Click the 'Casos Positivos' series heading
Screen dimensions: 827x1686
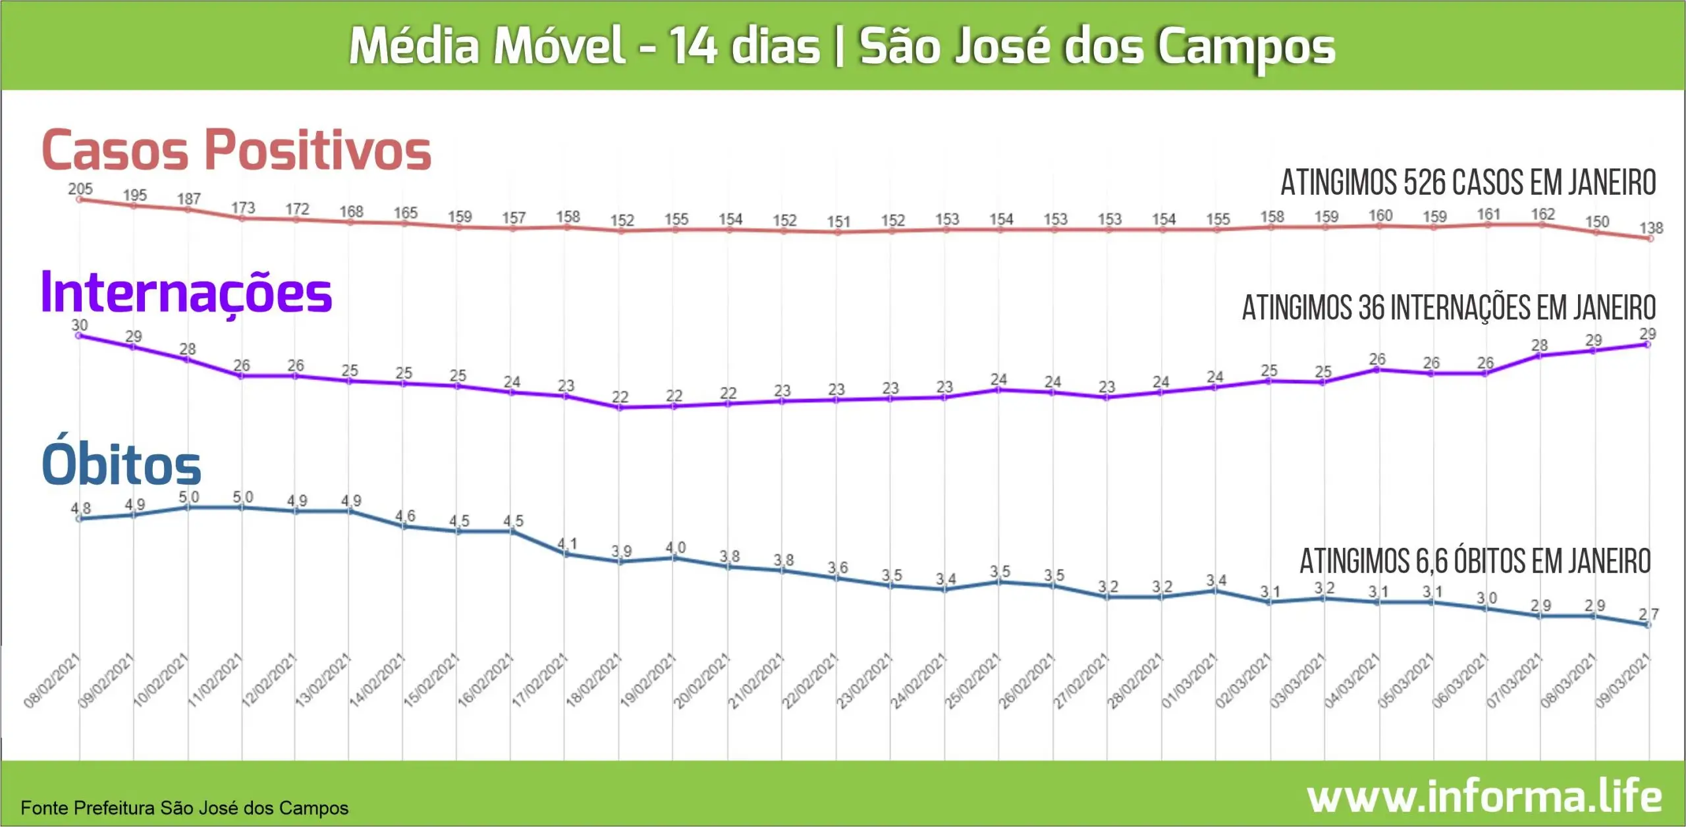click(x=236, y=150)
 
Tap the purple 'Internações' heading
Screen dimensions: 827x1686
click(x=186, y=293)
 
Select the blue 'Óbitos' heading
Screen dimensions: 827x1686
click(x=121, y=464)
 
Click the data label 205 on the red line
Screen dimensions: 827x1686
click(x=80, y=189)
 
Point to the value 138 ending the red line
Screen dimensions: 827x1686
click(x=1651, y=228)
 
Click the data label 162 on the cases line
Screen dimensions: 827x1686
click(x=1542, y=214)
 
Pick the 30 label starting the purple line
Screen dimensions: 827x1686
click(x=80, y=325)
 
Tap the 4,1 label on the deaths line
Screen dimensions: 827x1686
click(x=567, y=544)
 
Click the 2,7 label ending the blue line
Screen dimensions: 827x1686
click(x=1648, y=614)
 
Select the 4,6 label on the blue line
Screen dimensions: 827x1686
click(x=405, y=516)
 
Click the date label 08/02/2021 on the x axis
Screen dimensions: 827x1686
click(x=51, y=681)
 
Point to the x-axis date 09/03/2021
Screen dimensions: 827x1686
click(x=1623, y=681)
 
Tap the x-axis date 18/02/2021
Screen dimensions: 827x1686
click(x=593, y=681)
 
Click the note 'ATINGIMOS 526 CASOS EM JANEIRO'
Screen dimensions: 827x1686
click(x=1468, y=182)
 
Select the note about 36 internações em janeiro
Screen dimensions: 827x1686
click(x=1449, y=307)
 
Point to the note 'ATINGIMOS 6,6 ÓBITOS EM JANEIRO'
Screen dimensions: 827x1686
click(x=1475, y=562)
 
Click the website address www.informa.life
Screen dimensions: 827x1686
click(x=1484, y=797)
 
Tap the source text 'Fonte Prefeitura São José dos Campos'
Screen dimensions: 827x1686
click(x=184, y=808)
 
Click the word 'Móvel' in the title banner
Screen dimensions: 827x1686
click(x=559, y=46)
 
